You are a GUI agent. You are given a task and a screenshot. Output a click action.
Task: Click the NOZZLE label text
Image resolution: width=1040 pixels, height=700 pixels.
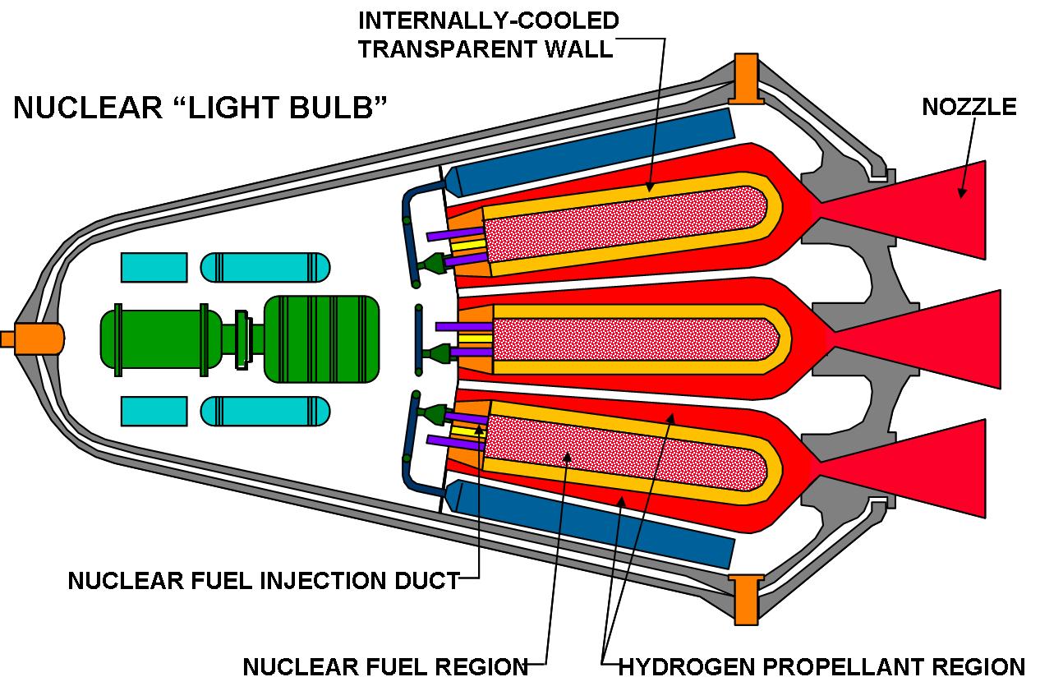tap(969, 107)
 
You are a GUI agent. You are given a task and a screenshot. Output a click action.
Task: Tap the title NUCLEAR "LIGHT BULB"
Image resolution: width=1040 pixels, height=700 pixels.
tap(200, 107)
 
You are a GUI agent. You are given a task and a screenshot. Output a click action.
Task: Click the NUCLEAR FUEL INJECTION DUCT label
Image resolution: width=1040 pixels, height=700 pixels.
tap(263, 580)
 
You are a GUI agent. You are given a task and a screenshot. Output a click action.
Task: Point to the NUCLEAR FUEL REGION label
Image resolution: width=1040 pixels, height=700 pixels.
tap(385, 665)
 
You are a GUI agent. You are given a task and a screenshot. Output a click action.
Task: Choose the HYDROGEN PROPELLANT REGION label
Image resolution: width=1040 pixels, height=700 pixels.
tap(821, 665)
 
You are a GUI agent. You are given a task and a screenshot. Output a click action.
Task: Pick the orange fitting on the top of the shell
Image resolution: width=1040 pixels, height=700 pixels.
tap(747, 79)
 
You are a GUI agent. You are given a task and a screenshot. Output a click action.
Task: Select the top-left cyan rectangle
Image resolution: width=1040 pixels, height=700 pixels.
tap(154, 267)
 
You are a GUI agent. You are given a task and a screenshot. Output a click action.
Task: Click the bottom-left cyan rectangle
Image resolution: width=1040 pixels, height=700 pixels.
tap(154, 411)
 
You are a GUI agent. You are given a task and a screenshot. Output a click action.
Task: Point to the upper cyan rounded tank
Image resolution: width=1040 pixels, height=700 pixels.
tap(265, 267)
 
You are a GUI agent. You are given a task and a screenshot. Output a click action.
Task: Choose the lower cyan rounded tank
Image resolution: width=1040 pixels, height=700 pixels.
tap(265, 411)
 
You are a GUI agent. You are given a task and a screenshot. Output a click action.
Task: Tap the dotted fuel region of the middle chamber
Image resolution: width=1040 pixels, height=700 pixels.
tap(633, 338)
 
